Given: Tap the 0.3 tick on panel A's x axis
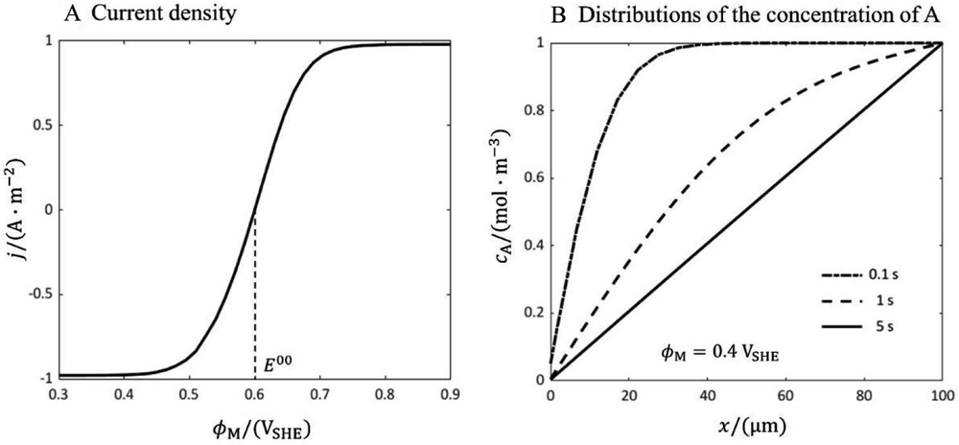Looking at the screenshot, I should coord(58,392).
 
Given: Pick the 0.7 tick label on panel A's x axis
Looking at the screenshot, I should coord(320,392).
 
